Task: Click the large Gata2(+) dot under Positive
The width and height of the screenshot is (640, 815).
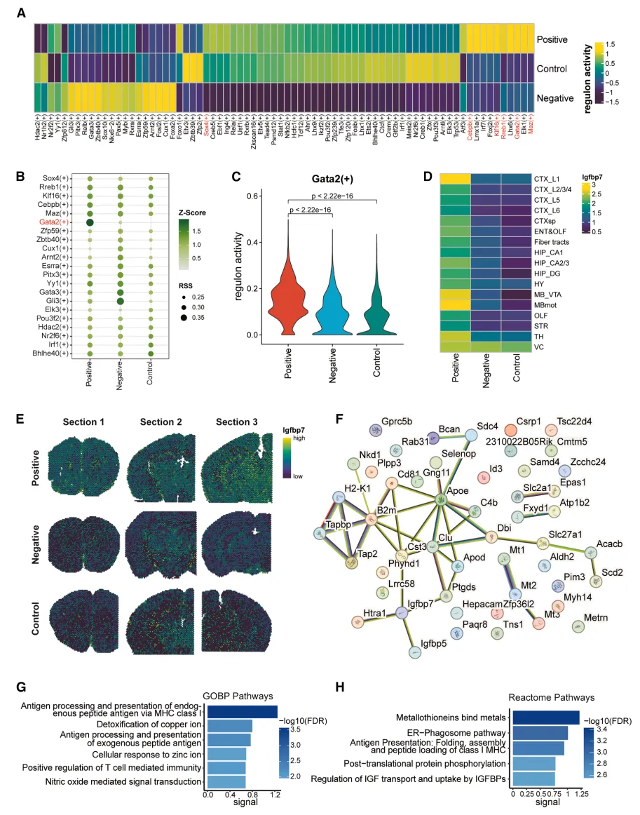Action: [x=90, y=222]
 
